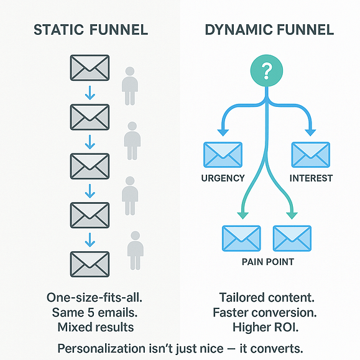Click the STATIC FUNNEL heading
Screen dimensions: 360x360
pyautogui.click(x=91, y=30)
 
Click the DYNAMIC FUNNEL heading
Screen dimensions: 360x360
pyautogui.click(x=269, y=30)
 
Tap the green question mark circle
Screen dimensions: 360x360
pyautogui.click(x=267, y=70)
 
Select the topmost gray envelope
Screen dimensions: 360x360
pyautogui.click(x=90, y=68)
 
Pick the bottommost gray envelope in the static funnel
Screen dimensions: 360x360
pyautogui.click(x=90, y=264)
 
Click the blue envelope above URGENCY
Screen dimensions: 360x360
pyautogui.click(x=223, y=155)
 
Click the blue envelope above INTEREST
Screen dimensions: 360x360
pyautogui.click(x=311, y=155)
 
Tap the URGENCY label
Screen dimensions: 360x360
pyautogui.click(x=223, y=178)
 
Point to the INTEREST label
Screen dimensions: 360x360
pyautogui.click(x=311, y=178)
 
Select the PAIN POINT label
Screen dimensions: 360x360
pyautogui.click(x=268, y=262)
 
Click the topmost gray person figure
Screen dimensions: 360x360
pyautogui.click(x=130, y=86)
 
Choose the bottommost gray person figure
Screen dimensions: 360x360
pyautogui.click(x=136, y=251)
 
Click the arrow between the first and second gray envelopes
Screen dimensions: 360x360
pyautogui.click(x=90, y=93)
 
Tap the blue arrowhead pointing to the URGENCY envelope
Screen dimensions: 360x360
pyautogui.click(x=223, y=132)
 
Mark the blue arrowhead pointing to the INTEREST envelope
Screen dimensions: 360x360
pyautogui.click(x=310, y=132)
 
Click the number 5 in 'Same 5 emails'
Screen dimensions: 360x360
pyautogui.click(x=91, y=313)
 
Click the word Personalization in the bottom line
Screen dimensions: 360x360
pyautogui.click(x=101, y=349)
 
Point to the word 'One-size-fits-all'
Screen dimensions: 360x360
pyautogui.click(x=95, y=298)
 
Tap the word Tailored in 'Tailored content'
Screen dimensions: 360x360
pyautogui.click(x=241, y=298)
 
